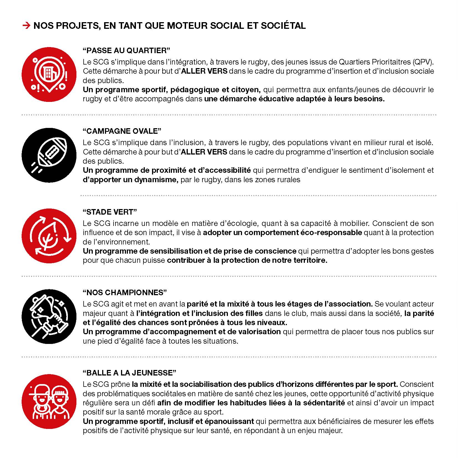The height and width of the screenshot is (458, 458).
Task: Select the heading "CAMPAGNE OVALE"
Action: coord(122,131)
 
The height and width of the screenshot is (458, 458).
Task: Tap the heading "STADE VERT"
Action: coord(110,212)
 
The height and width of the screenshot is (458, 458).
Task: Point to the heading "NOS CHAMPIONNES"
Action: coord(125,292)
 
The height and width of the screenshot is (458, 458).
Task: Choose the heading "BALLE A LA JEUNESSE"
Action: coord(129,373)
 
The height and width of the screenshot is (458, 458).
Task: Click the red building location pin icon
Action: coord(49,74)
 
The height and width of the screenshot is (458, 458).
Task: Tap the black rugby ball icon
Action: coord(49,155)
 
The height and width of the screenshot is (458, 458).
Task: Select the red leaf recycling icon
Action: coord(49,236)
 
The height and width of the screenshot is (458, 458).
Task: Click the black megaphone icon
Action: coord(49,317)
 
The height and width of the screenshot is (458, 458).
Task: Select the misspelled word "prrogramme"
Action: coord(117,332)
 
